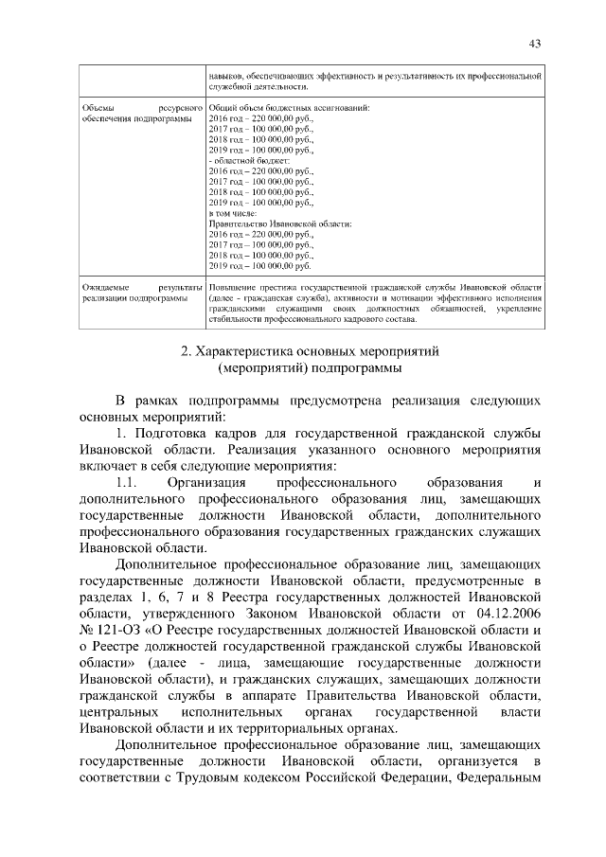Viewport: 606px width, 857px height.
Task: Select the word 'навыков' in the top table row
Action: point(227,74)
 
